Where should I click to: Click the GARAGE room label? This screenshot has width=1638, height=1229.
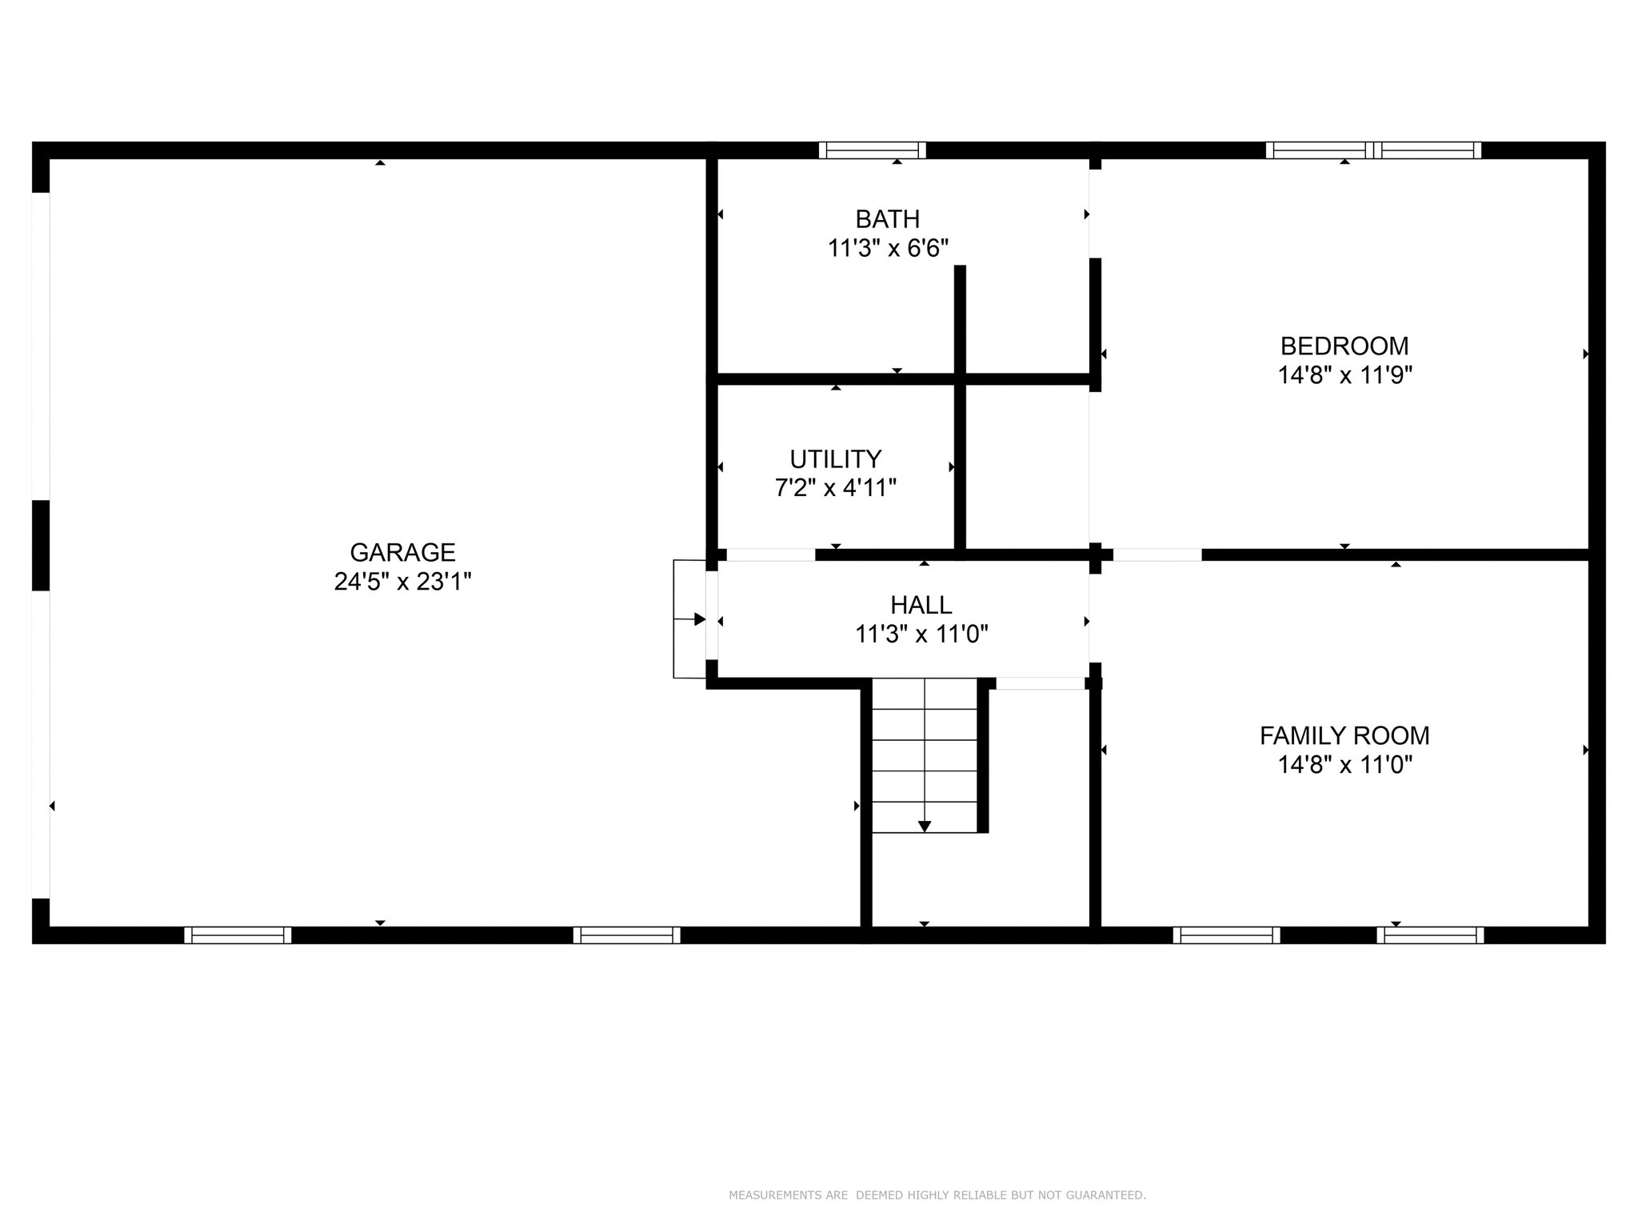(402, 552)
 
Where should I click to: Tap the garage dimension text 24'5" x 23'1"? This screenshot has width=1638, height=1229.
(402, 582)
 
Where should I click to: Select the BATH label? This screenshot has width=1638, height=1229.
(887, 218)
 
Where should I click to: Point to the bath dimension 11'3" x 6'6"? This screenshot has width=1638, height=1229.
(888, 248)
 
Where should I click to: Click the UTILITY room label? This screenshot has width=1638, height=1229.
(835, 458)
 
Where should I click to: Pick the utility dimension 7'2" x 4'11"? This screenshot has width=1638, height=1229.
(835, 487)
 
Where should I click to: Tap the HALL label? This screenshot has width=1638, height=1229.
(921, 605)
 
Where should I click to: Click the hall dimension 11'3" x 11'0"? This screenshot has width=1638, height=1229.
(921, 635)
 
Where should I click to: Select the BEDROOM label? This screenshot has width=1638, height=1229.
(1344, 346)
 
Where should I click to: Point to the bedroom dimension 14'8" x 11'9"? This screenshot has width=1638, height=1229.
(1344, 375)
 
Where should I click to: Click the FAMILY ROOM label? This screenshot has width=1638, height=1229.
(1344, 735)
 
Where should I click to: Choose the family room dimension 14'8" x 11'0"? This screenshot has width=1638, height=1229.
(1344, 765)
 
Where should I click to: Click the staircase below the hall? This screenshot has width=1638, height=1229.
(925, 756)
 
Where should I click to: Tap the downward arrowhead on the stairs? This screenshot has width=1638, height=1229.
(925, 827)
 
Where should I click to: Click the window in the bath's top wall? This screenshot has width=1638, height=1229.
(872, 150)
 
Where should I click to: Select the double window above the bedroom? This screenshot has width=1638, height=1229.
(1373, 150)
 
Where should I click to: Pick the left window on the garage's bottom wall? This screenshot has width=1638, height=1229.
(238, 935)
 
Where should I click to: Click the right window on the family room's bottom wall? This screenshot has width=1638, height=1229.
(1430, 935)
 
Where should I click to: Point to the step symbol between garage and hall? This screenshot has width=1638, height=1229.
(689, 619)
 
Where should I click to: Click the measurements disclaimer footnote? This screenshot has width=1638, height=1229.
(937, 1195)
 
